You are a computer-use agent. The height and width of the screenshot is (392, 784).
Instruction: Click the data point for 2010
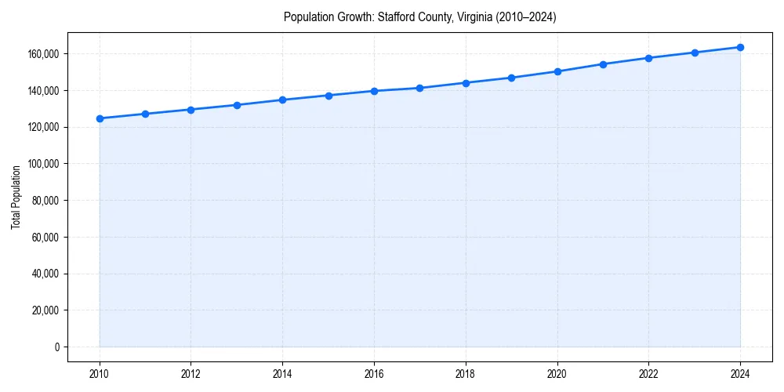point(100,118)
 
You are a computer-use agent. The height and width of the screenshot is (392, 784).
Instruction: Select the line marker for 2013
point(237,105)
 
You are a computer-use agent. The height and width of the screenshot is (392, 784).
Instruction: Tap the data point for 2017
point(419,88)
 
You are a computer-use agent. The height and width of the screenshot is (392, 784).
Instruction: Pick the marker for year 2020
point(557,71)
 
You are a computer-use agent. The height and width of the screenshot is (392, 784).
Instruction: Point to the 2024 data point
point(740,47)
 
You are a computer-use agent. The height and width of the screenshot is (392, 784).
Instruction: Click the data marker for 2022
point(648,58)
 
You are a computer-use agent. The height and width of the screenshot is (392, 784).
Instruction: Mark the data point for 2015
point(328,96)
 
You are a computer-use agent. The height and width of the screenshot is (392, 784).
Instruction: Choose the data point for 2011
point(145,114)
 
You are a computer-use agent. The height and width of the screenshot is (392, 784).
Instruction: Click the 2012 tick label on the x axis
point(191,375)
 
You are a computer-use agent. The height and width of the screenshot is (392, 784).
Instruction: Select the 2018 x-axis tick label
point(466,375)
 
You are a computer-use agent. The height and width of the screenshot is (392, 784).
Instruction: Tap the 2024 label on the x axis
point(740,375)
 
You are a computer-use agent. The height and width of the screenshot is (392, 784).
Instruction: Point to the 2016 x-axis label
point(374,375)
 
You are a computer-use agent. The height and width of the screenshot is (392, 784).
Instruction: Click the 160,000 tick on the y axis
point(44,54)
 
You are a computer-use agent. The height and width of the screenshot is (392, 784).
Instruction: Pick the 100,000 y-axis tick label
point(44,164)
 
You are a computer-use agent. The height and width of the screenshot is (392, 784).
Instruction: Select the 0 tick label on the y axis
point(56,347)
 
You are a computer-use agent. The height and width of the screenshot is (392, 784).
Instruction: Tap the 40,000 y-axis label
point(46,274)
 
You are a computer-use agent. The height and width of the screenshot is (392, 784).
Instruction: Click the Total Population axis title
point(16,197)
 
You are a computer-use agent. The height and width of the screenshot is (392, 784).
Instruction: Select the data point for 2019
point(511,78)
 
